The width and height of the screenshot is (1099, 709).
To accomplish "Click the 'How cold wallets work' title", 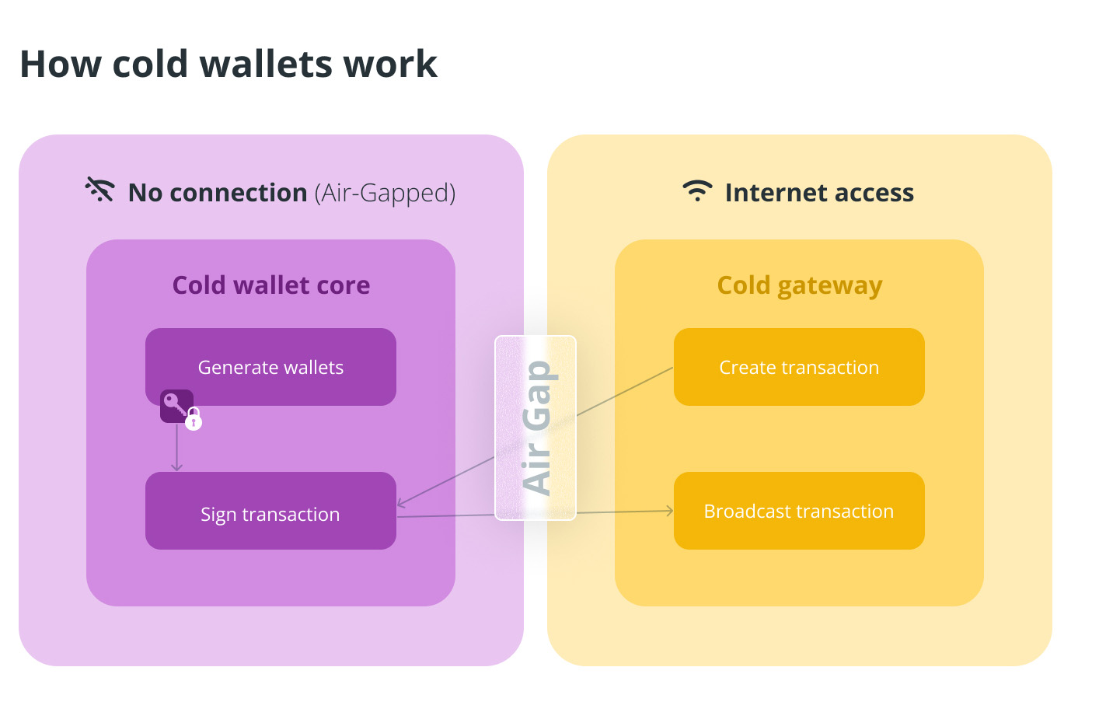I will [x=229, y=64].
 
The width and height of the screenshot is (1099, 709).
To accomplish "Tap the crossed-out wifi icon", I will [x=100, y=190].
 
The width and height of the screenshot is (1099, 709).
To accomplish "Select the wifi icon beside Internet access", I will [x=697, y=190].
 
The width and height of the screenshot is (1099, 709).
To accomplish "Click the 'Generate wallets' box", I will [x=270, y=367].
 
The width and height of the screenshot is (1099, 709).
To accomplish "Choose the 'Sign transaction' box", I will [x=270, y=513].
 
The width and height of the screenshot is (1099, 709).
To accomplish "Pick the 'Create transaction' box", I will [x=799, y=367].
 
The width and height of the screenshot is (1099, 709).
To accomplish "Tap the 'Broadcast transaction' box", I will [x=799, y=511].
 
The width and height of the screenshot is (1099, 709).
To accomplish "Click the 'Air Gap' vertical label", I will [x=536, y=428].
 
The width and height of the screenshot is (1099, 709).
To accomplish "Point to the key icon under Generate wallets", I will [x=174, y=404].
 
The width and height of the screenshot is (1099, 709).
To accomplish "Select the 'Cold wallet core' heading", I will [x=270, y=285].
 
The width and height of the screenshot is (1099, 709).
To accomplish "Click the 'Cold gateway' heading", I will [x=799, y=285].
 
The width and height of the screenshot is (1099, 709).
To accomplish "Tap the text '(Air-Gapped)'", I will [x=385, y=193].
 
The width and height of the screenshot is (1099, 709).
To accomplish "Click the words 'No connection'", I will [x=218, y=193].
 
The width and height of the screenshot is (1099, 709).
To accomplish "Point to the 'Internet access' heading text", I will [x=819, y=193].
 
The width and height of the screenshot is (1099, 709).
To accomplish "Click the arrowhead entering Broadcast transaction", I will [x=669, y=511].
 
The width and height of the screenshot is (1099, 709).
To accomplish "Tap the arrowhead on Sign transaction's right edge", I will [x=401, y=503].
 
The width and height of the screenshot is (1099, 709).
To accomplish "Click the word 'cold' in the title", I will [x=149, y=64].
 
